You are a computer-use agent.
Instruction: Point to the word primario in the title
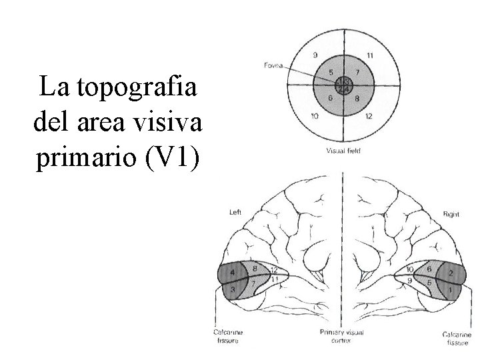pyautogui.click(x=85, y=160)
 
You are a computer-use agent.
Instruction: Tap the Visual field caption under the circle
pyautogui.click(x=344, y=150)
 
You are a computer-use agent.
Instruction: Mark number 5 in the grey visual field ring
pyautogui.click(x=331, y=71)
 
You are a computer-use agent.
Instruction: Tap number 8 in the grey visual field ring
pyautogui.click(x=357, y=99)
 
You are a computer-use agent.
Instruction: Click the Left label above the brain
pyautogui.click(x=235, y=213)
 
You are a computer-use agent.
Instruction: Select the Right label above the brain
pyautogui.click(x=451, y=215)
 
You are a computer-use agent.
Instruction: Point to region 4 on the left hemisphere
pyautogui.click(x=232, y=273)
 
